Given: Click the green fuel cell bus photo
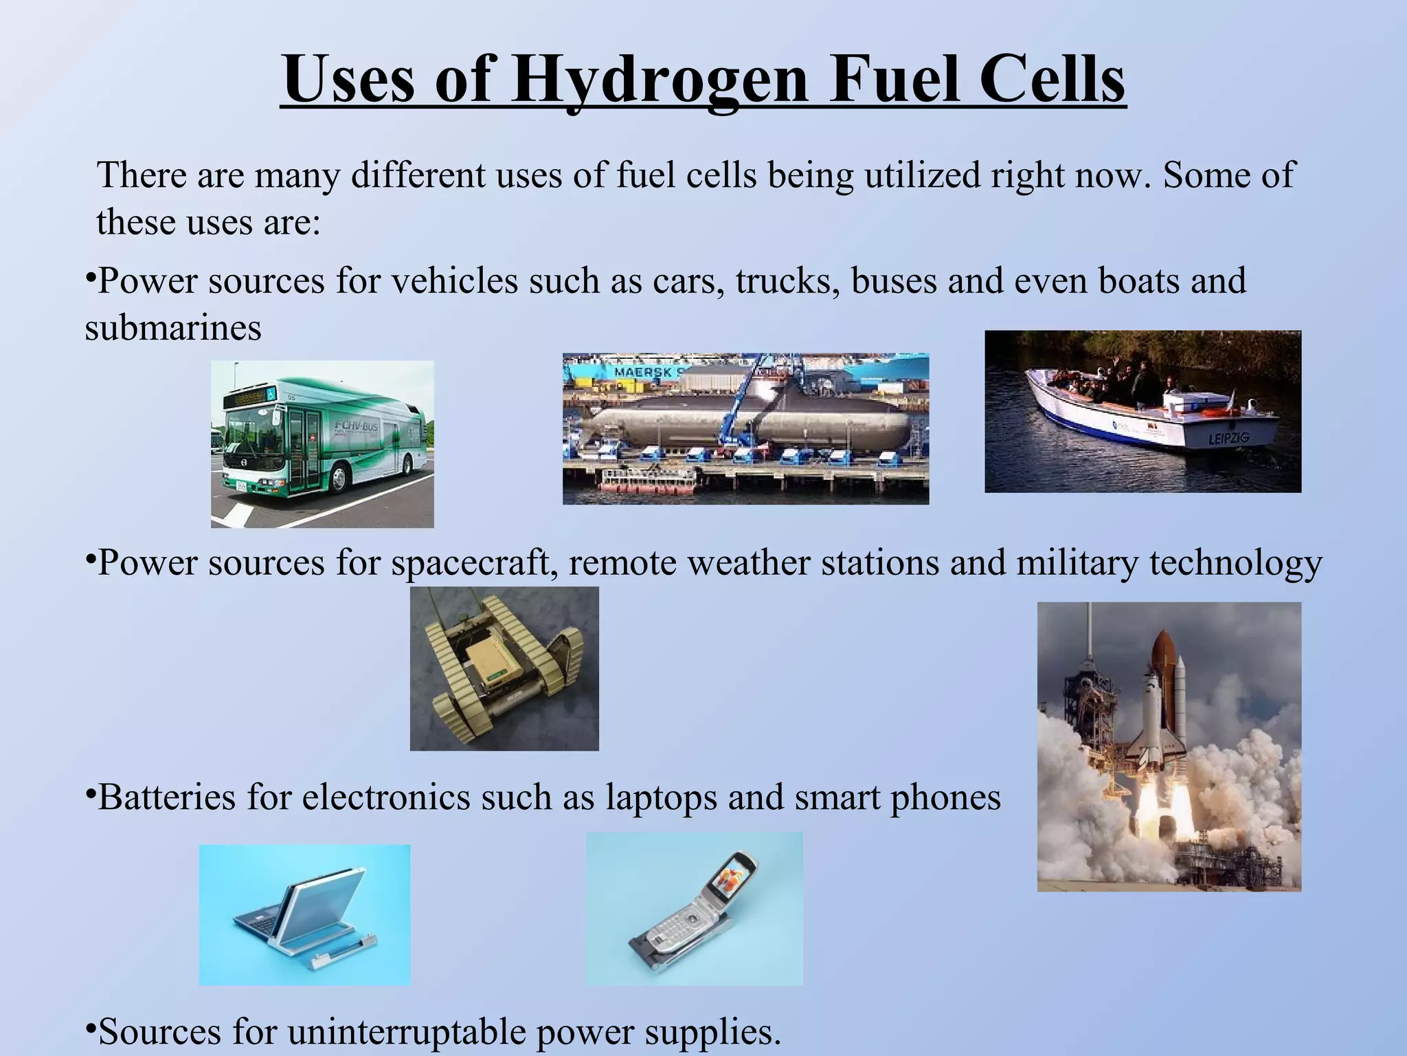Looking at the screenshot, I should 322,443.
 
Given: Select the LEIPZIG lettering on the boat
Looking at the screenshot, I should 1230,438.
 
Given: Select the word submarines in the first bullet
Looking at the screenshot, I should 173,327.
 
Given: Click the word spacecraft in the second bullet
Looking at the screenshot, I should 474,562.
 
